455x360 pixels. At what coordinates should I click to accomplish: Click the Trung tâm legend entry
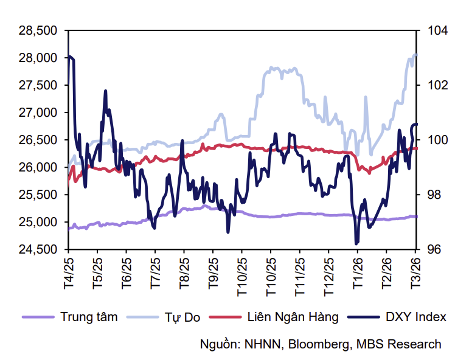point(89,317)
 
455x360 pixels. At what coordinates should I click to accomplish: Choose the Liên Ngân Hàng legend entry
point(293,317)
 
